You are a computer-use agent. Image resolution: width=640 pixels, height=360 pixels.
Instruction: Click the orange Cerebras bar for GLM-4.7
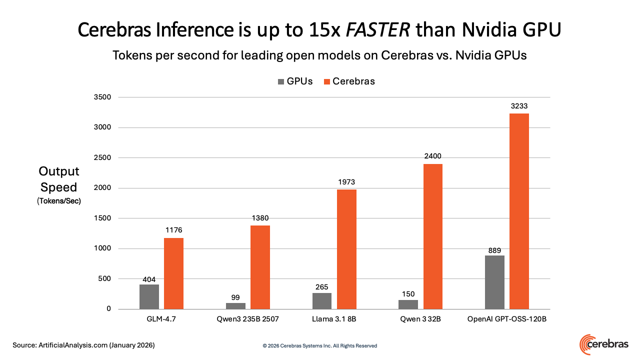[173, 273]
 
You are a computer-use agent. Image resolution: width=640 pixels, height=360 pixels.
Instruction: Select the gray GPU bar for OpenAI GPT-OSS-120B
[494, 282]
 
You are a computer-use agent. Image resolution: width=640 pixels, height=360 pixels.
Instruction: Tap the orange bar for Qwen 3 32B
[433, 236]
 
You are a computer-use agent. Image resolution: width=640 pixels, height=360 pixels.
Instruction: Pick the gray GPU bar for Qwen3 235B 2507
[235, 306]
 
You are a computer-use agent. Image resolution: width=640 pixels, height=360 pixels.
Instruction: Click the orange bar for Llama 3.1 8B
[346, 249]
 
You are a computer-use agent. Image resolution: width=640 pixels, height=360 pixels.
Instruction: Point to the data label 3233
[519, 106]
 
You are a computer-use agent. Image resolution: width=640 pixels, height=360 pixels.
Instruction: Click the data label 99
[235, 297]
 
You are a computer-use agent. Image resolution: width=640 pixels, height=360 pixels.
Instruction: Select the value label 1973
[346, 182]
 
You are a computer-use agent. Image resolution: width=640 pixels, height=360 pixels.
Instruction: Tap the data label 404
[149, 279]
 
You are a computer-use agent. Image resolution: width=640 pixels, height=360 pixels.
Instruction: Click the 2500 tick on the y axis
[102, 157]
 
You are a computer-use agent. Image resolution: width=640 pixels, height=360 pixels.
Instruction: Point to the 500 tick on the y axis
[104, 278]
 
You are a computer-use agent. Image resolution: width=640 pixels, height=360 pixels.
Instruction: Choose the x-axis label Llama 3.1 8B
[334, 319]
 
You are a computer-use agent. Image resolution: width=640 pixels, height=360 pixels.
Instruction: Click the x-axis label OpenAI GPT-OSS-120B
[507, 319]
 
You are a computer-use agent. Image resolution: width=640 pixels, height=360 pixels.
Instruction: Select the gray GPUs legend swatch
[281, 81]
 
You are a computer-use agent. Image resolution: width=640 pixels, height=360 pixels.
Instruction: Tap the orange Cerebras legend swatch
[327, 81]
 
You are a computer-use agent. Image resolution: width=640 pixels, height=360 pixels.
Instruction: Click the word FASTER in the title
[377, 29]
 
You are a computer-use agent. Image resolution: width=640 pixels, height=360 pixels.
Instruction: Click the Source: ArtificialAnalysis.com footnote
[83, 345]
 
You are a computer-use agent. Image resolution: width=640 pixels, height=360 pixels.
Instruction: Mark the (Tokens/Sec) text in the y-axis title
[59, 201]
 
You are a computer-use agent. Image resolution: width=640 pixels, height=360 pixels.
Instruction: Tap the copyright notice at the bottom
[319, 345]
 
